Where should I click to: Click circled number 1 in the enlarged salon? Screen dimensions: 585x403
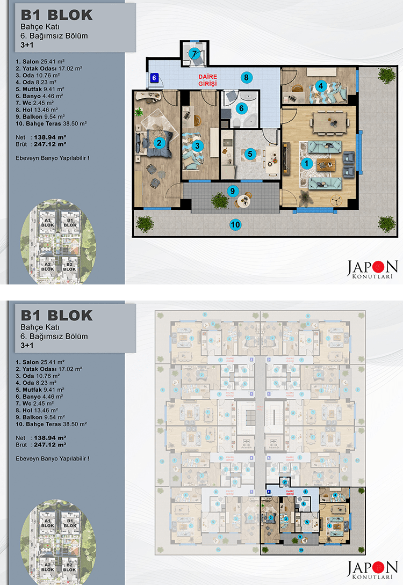click(x=307, y=162)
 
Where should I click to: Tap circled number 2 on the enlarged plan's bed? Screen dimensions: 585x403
click(x=159, y=143)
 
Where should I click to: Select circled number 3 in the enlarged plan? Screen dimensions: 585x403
click(x=197, y=145)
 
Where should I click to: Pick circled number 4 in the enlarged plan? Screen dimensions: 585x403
click(x=321, y=85)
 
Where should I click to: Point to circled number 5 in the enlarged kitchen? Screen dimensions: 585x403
click(x=250, y=153)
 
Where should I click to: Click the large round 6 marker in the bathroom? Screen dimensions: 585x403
click(x=241, y=107)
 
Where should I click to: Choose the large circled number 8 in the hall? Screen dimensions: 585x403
click(x=246, y=77)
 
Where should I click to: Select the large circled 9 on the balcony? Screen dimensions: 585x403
click(x=232, y=190)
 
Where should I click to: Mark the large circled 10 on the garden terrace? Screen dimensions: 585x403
click(x=235, y=224)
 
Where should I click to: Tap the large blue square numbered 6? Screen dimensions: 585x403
click(x=154, y=78)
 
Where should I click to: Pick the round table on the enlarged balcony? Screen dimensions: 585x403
click(x=244, y=200)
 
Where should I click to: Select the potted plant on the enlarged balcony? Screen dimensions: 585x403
click(x=219, y=200)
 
